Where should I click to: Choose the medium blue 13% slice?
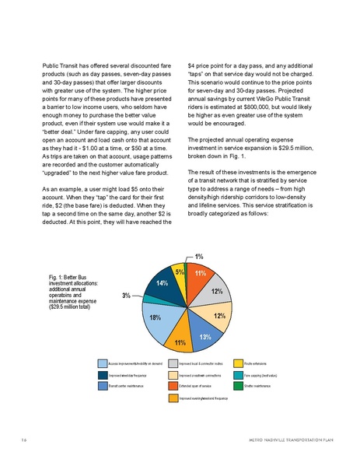204,335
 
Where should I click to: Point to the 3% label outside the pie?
125,296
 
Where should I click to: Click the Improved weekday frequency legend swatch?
102,373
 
